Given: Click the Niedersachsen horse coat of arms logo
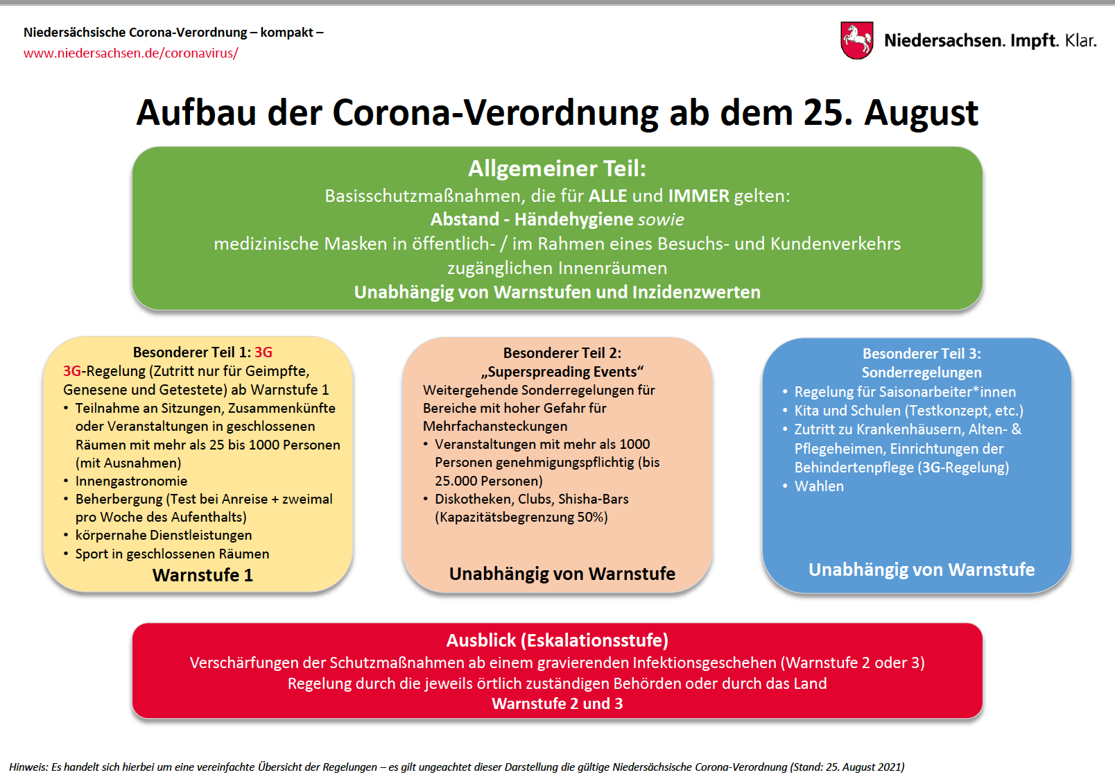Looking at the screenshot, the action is [x=856, y=40].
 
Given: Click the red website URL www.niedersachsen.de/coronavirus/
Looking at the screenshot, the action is [x=131, y=53].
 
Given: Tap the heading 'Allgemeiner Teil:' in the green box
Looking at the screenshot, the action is [x=557, y=169].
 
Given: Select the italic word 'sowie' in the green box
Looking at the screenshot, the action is [x=661, y=219].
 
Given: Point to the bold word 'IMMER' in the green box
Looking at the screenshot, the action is [x=698, y=196].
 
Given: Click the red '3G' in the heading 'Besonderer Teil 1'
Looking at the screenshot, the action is [x=263, y=352].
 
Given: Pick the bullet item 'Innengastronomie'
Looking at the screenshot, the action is [x=132, y=481].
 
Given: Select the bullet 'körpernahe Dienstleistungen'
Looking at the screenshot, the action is [x=164, y=536].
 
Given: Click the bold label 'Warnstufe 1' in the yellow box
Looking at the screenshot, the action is [x=202, y=575].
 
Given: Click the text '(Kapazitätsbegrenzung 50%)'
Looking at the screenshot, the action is [x=521, y=517].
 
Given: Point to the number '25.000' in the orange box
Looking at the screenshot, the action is [x=458, y=481].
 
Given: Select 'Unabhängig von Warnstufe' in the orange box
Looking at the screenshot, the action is [x=562, y=574].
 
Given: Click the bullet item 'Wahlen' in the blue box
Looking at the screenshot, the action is [x=819, y=486].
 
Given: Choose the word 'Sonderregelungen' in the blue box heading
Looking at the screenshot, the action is [x=922, y=373].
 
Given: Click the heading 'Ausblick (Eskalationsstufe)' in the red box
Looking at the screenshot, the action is [x=557, y=640].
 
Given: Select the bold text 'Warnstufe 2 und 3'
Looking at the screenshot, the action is [x=557, y=703].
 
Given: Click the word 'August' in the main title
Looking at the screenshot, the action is [x=921, y=114].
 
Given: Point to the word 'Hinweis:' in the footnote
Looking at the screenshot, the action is [x=28, y=767].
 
